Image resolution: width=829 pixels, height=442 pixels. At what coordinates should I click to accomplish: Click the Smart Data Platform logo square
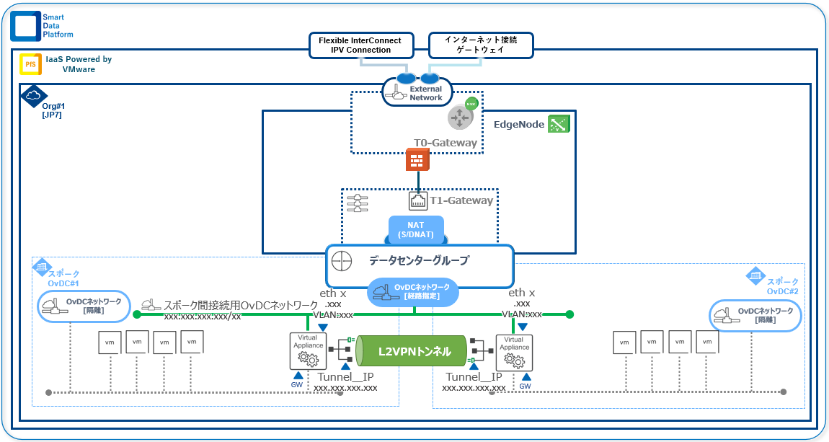(x=25, y=25)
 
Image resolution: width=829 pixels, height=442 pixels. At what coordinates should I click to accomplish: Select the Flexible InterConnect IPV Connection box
(x=360, y=45)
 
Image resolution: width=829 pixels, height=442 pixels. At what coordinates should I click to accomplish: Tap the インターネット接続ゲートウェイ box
(x=481, y=45)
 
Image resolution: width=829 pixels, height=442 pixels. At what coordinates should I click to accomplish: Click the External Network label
(x=425, y=94)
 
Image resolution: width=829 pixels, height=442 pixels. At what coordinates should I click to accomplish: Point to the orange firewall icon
(x=417, y=160)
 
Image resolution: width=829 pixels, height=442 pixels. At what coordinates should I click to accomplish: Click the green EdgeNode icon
(x=559, y=124)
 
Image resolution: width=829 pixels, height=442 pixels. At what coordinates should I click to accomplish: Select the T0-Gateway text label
(x=445, y=143)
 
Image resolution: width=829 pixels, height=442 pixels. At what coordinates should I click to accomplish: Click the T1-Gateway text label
(x=461, y=200)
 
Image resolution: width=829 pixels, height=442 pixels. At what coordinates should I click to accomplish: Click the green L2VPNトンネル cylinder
(x=415, y=352)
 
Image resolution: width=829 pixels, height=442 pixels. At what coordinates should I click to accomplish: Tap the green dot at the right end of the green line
(x=569, y=314)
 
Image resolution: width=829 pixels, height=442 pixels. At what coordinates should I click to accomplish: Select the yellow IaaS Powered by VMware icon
(x=30, y=64)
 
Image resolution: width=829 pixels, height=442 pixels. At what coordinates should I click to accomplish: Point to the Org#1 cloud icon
(x=32, y=95)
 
